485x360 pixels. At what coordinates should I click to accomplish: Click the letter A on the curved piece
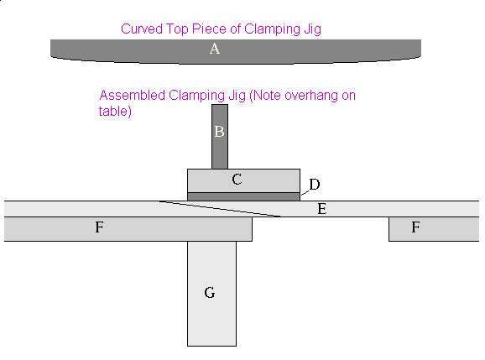click(215, 49)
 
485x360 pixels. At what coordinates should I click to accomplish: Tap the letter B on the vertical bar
click(219, 132)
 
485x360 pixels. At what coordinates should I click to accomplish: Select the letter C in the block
click(237, 180)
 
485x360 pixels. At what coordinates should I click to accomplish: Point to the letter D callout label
click(315, 185)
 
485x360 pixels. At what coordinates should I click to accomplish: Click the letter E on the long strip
click(322, 209)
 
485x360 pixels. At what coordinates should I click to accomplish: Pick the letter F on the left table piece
click(99, 227)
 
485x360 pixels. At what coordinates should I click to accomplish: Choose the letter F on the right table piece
click(415, 227)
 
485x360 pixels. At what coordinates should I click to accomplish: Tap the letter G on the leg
click(210, 293)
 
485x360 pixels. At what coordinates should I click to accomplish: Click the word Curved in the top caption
click(142, 29)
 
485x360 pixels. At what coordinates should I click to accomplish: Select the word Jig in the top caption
click(312, 30)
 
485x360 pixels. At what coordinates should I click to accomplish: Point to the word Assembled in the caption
click(133, 96)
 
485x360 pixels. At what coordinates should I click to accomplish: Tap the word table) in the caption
click(115, 111)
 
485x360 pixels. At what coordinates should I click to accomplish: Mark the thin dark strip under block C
click(243, 196)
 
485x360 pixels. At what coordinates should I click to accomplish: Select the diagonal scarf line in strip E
click(220, 209)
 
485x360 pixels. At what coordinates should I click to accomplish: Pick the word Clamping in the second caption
click(196, 97)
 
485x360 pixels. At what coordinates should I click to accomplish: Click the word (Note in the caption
click(265, 96)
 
